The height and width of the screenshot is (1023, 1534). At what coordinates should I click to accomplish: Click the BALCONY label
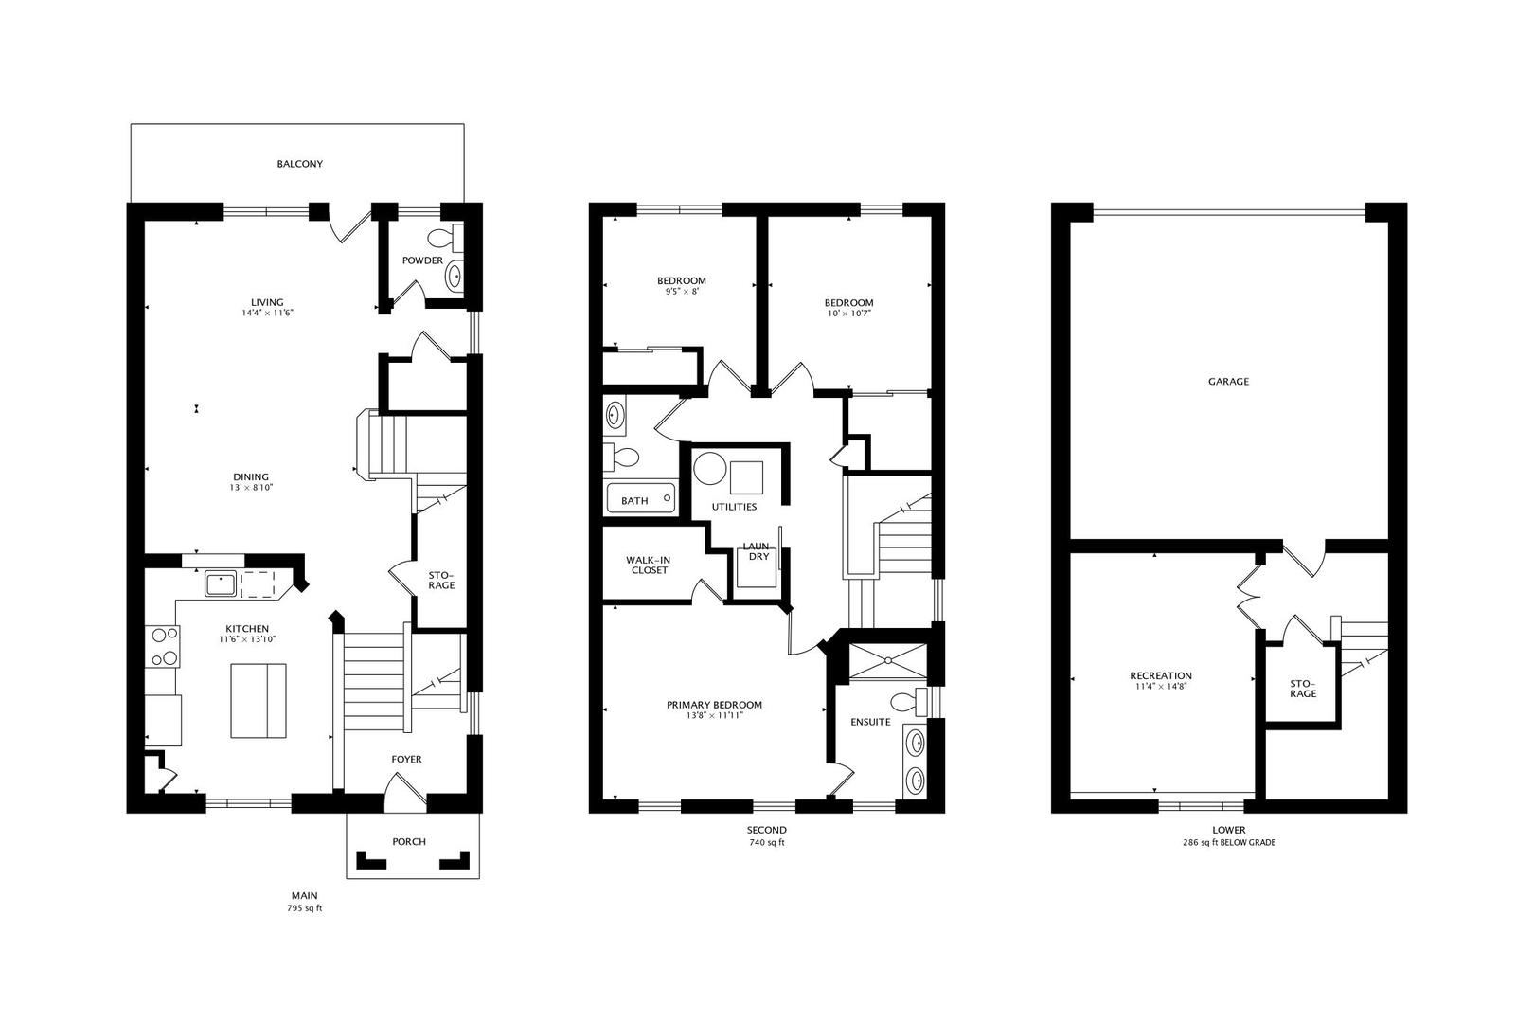[299, 164]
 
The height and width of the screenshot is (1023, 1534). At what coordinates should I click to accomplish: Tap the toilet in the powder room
[445, 238]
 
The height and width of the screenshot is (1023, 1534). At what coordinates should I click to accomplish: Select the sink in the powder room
[454, 277]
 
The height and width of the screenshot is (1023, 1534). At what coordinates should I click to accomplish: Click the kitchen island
[259, 700]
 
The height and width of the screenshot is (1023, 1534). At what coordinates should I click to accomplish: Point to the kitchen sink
[221, 583]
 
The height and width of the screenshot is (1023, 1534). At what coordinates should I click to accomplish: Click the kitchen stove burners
[163, 646]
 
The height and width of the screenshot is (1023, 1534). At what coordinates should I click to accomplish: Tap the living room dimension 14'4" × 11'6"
[267, 314]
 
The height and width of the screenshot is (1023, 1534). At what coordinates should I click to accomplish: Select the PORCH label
[409, 841]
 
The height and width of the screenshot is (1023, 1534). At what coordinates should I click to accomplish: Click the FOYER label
[406, 760]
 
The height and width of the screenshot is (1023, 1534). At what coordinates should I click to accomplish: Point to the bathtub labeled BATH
[640, 498]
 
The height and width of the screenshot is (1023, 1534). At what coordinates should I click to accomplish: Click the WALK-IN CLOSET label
[649, 565]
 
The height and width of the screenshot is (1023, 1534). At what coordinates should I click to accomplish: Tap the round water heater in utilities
[709, 469]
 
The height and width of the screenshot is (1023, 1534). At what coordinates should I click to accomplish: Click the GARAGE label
[1228, 382]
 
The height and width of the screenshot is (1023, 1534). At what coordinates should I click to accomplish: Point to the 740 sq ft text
[767, 843]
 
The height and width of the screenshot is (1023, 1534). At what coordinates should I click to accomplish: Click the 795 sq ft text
[304, 908]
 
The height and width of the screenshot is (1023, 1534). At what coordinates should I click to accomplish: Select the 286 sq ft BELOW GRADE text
[1228, 843]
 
